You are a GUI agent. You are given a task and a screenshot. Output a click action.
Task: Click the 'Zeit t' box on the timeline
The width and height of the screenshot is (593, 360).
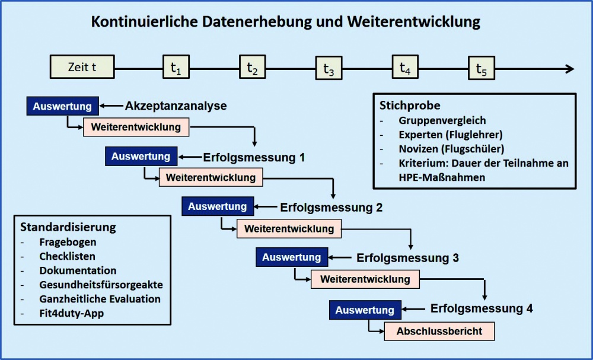(82, 67)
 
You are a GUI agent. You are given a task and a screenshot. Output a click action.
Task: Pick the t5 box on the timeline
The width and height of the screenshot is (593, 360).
(482, 69)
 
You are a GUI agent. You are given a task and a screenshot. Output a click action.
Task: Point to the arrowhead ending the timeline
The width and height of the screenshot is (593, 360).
(570, 69)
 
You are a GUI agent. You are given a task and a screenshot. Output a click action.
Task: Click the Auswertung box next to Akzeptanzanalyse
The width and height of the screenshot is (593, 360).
(62, 106)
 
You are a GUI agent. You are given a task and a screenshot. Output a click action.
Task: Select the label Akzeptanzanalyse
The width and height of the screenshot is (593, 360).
(176, 106)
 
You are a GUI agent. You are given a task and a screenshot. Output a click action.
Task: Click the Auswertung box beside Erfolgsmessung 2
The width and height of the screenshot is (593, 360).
(218, 206)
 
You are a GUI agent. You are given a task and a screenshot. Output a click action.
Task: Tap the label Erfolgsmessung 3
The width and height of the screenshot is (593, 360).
(407, 258)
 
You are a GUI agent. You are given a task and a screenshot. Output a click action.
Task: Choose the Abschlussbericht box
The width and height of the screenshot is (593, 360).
(439, 331)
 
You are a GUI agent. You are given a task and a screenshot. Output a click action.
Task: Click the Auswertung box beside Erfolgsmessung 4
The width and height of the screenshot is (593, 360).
(365, 310)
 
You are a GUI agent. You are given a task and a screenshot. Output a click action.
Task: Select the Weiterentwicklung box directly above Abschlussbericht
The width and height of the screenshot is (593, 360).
(365, 279)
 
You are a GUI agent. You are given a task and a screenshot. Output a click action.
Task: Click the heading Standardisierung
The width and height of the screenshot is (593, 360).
(68, 227)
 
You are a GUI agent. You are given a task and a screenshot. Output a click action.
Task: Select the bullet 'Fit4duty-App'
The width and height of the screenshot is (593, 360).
(72, 314)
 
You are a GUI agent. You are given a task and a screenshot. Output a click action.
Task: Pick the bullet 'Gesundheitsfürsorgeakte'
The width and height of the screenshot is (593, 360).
(101, 285)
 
